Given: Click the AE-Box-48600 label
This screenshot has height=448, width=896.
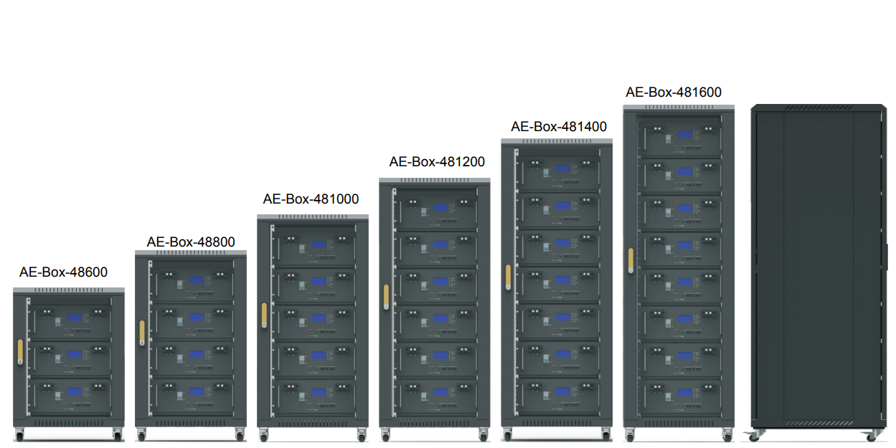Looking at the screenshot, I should coord(63,272).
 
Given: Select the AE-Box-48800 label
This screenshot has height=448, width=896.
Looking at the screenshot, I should coord(191,242).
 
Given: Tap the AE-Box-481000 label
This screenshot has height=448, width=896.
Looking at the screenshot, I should coord(311,199).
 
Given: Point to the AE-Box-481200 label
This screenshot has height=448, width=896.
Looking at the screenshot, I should coord(437,162).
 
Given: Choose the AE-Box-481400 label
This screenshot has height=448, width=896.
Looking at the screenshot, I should coord(559,127).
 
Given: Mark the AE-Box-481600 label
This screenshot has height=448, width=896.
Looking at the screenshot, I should coord(674,92).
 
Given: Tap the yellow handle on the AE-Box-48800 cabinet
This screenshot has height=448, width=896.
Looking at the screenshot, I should coord(142,331).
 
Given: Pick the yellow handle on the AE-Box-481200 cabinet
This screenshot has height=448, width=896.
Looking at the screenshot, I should coord(386,295).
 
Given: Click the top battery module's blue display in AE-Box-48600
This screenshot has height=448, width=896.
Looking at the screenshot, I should coord(75,318).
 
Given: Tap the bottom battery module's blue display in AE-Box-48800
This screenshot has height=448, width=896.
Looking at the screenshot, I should coord(197,391).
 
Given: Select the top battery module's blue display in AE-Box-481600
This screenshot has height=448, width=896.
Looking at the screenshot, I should coord(684,134).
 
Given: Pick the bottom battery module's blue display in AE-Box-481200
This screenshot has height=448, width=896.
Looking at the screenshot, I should coord(440,392).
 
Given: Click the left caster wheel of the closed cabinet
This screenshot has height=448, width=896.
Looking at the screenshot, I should coord(755,436).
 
